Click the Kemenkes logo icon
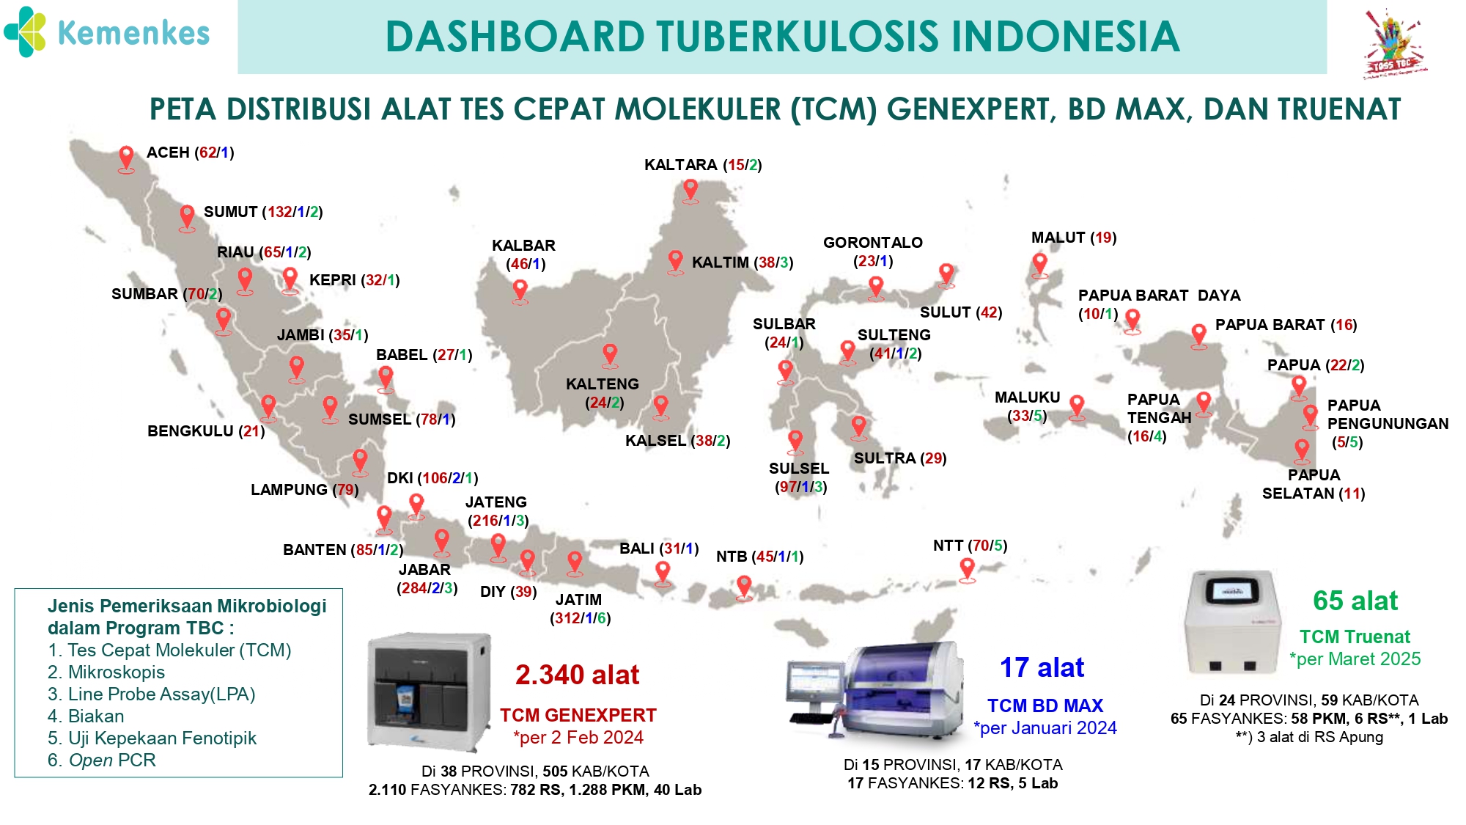(x=26, y=32)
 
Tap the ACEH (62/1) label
(x=191, y=153)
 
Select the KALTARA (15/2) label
(x=703, y=165)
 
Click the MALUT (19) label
(x=1074, y=238)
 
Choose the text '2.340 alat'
(x=578, y=675)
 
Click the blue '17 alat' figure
(x=1042, y=667)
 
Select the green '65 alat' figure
(x=1355, y=601)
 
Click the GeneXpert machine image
(x=429, y=692)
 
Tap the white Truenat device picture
(x=1233, y=623)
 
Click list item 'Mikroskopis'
(x=106, y=672)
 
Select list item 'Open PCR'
(x=102, y=760)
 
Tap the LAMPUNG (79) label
(x=305, y=490)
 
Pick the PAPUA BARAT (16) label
(x=1286, y=325)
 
